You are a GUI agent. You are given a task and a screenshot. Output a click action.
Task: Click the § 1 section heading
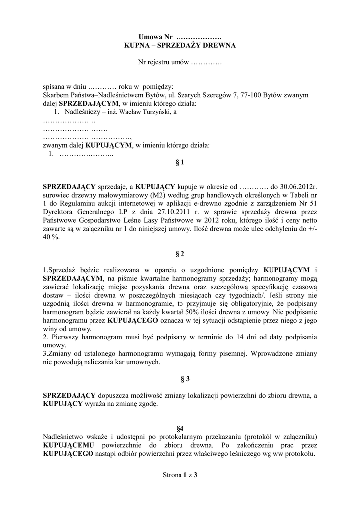[x=180, y=162]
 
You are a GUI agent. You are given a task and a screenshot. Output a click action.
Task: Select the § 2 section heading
[x=180, y=254]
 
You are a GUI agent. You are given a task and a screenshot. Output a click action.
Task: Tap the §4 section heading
[x=180, y=428]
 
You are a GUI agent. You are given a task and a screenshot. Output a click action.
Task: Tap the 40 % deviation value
[x=50, y=237]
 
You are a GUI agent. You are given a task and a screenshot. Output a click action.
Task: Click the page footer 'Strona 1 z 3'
[x=180, y=475]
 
